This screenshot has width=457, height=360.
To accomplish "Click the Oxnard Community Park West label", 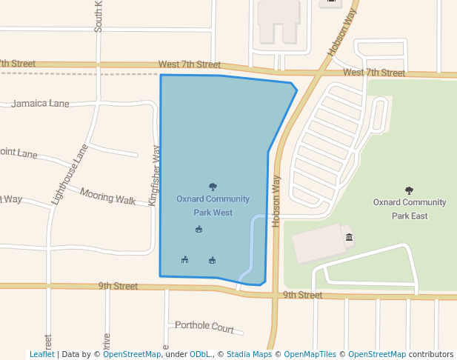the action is pos(213,205).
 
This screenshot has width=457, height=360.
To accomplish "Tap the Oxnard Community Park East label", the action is pos(410,208).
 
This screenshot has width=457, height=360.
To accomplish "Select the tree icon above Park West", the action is pos(213,187).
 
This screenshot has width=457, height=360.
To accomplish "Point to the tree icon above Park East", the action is pos(410,190).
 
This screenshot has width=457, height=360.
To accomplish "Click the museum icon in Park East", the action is pos(349,237).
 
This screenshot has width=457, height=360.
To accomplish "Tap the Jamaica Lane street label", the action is pos(40,104).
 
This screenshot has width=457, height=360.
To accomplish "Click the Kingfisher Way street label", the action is pos(154,176).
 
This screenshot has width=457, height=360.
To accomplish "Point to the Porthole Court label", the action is pos(204,326).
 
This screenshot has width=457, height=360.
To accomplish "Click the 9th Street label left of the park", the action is pos(119,286).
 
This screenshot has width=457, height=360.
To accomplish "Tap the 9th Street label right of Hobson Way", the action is pos(302,295).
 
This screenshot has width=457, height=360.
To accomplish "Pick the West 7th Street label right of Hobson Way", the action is pos(374,73).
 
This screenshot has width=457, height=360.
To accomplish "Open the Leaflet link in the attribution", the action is pos(41,354).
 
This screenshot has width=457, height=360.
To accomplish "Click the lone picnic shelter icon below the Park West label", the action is pos(199,230).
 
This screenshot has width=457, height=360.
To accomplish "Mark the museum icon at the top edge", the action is pos(330,2).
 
